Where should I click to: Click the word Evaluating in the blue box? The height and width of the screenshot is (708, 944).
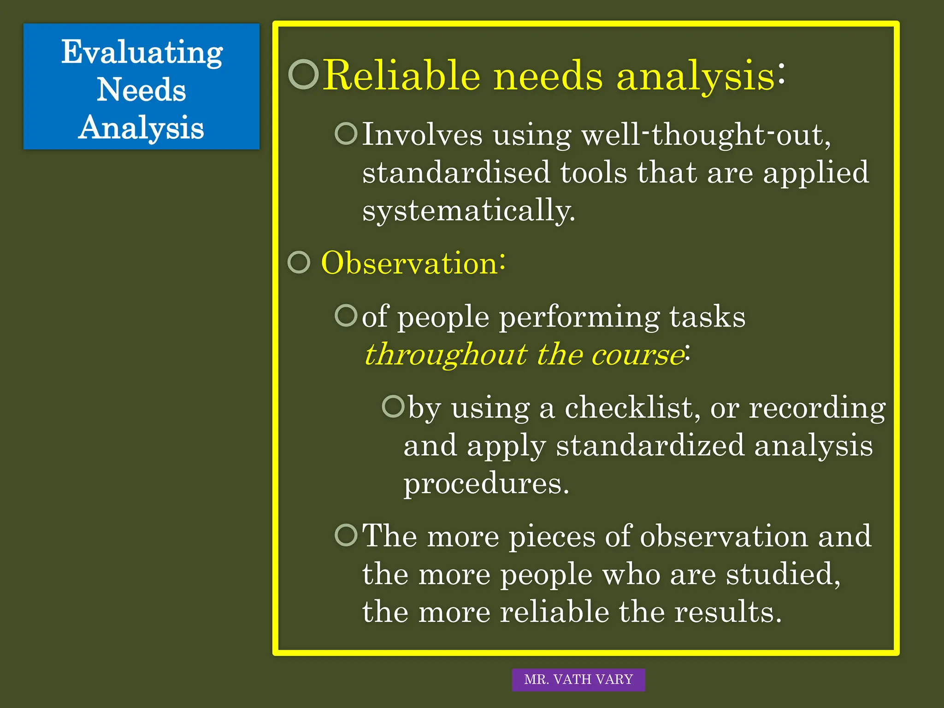coord(142,53)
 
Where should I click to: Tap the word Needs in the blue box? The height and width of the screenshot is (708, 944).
coord(141,90)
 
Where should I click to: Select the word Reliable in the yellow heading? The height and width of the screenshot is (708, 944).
coord(401,76)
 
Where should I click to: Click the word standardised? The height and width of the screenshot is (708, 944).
coord(456,173)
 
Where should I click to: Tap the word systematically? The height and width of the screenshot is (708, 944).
coord(468,211)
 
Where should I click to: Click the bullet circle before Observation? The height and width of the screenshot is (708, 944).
coord(299,262)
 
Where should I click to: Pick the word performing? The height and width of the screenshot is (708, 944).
coord(579,318)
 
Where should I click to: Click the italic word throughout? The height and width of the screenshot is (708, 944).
coord(445,355)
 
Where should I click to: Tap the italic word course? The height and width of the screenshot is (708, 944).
coord(637,355)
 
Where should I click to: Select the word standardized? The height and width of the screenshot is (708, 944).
coord(650,446)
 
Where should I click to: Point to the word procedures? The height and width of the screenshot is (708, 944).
coord(486,484)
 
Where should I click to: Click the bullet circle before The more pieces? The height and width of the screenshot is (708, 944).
coord(346,535)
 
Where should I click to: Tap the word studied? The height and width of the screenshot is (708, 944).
coord(783,574)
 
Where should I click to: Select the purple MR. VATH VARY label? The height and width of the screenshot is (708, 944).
coord(578,679)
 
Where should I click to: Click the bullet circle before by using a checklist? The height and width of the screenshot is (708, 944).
coord(393,406)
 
